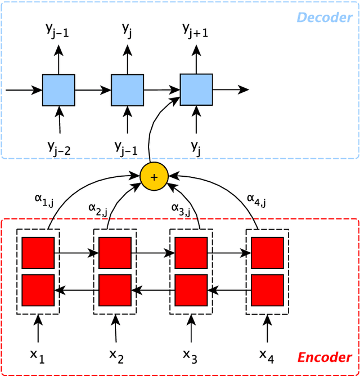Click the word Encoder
325,357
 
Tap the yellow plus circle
156,177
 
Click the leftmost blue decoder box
58,89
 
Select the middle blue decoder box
127,89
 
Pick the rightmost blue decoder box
196,89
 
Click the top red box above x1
38,253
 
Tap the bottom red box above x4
266,290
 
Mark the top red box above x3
191,253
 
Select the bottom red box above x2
115,290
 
